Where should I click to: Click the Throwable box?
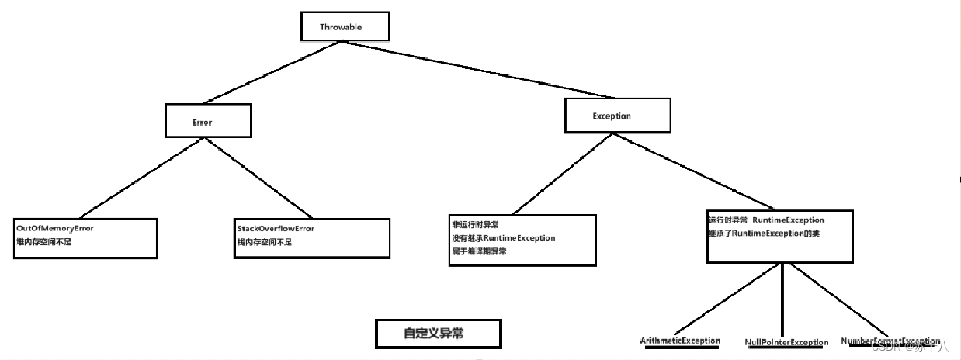tap(342, 26)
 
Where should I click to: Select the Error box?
tap(209, 122)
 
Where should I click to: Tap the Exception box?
tap(616, 116)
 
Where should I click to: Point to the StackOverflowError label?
tap(276, 230)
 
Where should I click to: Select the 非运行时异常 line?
tap(476, 224)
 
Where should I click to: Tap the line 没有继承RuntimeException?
tap(504, 238)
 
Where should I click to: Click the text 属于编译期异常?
tap(479, 251)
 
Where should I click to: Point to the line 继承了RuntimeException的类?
tap(765, 233)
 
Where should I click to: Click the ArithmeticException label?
tap(680, 341)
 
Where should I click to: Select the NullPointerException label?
tap(786, 342)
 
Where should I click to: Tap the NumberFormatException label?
tap(890, 341)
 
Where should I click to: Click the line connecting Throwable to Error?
tap(272, 72)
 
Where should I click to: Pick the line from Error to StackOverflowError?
tap(260, 178)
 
